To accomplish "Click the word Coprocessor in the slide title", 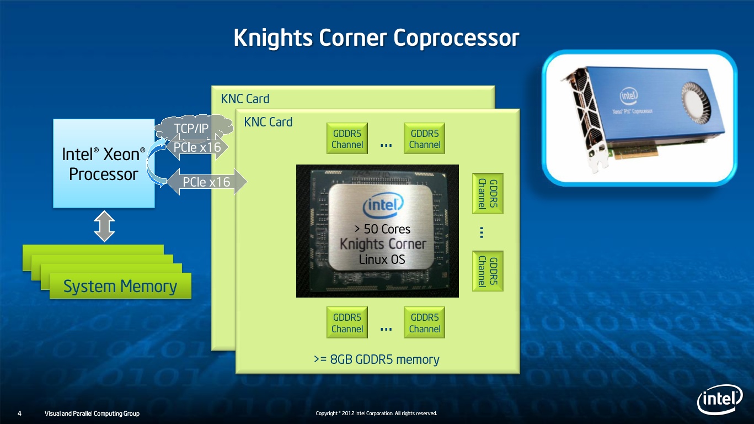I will [456, 39].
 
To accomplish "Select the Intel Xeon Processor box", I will [104, 163].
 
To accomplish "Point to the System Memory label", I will [120, 287].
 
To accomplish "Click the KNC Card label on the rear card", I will [245, 99].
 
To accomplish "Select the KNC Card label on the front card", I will [268, 122].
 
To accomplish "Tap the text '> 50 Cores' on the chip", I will [383, 229].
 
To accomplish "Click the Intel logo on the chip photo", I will [383, 208].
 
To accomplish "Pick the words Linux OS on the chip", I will [382, 259].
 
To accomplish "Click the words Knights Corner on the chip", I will [383, 244].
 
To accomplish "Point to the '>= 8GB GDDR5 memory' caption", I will [377, 360].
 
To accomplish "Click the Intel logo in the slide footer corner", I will [720, 399].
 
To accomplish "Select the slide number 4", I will [20, 414].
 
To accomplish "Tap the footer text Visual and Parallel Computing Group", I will [92, 414].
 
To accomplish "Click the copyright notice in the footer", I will [376, 414].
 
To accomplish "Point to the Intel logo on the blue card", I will [628, 98].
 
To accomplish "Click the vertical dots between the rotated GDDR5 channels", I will [482, 233].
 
